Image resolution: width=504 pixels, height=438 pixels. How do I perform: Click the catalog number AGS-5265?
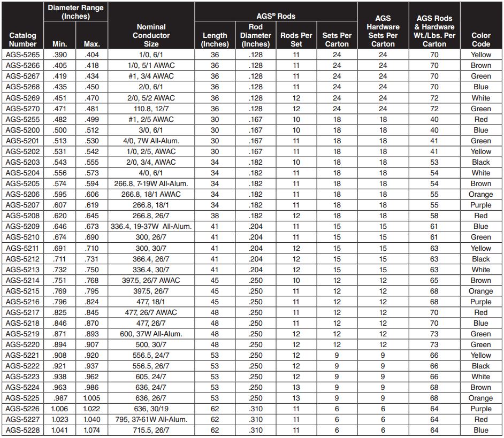22,55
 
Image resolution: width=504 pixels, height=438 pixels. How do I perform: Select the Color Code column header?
480,40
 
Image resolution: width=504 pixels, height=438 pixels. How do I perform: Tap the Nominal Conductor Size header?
151,35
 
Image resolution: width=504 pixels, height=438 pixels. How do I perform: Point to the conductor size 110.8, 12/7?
151,109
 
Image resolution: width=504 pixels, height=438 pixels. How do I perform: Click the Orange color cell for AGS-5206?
480,195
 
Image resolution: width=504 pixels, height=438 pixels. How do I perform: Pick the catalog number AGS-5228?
22,431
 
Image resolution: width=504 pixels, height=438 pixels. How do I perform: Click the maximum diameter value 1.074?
92,431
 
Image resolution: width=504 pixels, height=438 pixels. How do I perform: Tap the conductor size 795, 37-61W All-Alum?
151,420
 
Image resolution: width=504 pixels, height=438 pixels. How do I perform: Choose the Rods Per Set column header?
296,40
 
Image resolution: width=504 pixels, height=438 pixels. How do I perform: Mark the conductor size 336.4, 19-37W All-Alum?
151,227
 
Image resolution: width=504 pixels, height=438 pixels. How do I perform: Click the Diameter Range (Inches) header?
75,12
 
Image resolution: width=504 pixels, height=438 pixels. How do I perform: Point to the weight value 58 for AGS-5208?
434,216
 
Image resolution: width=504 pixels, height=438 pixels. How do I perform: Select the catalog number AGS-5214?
22,280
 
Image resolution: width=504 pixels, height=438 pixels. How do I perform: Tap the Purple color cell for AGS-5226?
480,409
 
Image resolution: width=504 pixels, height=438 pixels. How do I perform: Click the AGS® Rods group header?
276,16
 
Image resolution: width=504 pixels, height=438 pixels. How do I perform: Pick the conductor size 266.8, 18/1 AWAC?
151,195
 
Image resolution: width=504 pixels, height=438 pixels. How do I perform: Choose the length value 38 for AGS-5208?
215,216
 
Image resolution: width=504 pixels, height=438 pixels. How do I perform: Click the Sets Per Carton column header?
337,40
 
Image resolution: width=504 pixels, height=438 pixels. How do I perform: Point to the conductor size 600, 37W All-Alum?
151,334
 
